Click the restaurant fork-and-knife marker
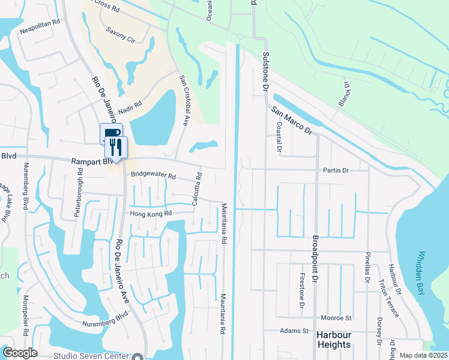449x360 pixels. pyautogui.click(x=115, y=146)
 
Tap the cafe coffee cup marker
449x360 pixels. pyautogui.click(x=110, y=133)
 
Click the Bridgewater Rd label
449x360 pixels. pyautogui.click(x=154, y=176)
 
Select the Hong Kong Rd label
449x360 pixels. pyautogui.click(x=151, y=213)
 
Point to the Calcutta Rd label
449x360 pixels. pyautogui.click(x=196, y=190)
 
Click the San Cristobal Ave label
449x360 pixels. pyautogui.click(x=185, y=100)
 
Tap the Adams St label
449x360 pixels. pyautogui.click(x=295, y=331)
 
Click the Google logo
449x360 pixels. pyautogui.click(x=19, y=353)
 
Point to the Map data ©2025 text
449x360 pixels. pyautogui.click(x=423, y=355)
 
